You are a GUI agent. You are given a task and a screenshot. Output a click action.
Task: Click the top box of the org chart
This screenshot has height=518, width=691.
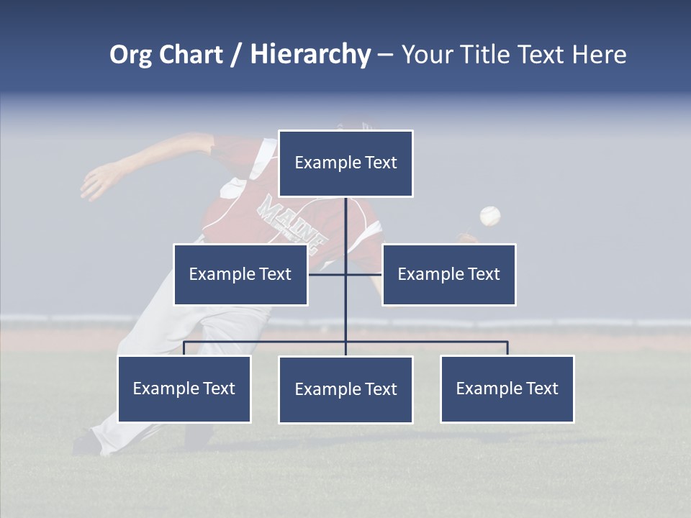point(345,163)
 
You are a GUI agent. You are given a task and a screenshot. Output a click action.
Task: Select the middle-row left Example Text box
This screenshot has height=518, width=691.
point(240,274)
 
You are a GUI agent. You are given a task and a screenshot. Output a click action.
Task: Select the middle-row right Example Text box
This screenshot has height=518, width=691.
point(448,274)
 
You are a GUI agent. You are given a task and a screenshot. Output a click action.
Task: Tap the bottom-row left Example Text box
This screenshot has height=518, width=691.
point(184,388)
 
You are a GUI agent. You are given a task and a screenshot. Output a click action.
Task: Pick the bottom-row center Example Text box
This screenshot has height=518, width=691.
point(345,389)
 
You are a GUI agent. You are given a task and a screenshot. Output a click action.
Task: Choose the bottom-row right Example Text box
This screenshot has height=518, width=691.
point(507,388)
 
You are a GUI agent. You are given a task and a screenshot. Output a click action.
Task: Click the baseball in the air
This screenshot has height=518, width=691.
point(489,216)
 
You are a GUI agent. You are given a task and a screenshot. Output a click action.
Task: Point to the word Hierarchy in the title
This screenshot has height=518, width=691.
point(310,55)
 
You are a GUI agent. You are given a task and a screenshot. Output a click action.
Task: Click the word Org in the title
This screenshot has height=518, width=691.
point(130,55)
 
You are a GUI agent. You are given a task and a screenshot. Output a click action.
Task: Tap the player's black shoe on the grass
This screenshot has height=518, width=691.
point(88,442)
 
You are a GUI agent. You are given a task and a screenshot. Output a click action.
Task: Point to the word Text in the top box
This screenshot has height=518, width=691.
point(380,163)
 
